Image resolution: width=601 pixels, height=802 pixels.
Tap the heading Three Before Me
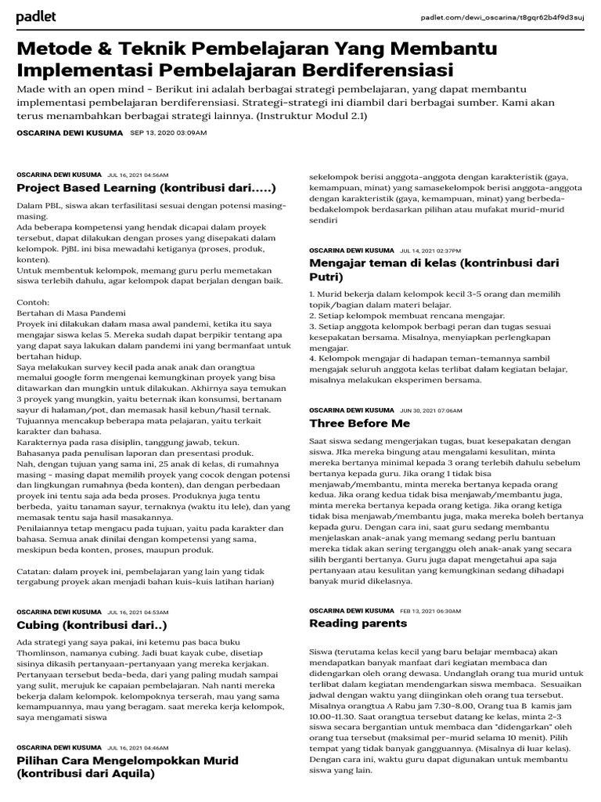pos(359,423)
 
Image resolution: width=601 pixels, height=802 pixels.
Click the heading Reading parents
pos(358,623)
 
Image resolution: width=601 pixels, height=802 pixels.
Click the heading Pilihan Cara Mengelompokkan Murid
pos(128,767)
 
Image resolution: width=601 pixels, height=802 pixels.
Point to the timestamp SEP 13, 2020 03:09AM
pos(168,133)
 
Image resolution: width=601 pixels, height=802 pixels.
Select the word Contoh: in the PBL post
pos(33,302)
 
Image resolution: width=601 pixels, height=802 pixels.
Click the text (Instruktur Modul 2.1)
pos(320,116)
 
